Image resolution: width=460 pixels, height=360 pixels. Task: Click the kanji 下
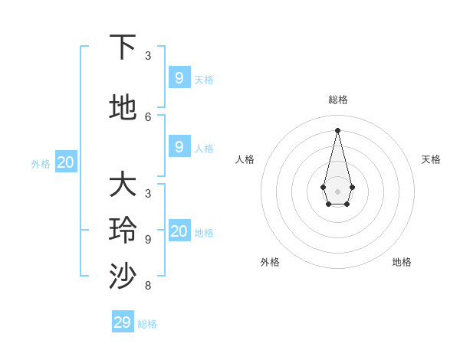pyautogui.click(x=123, y=47)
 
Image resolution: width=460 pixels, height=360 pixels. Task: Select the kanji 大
pyautogui.click(x=123, y=185)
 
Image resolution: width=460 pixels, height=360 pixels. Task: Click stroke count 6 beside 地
pyautogui.click(x=148, y=117)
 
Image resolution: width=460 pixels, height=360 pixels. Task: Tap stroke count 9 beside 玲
pyautogui.click(x=148, y=240)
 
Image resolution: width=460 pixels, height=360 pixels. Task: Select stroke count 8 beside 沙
pyautogui.click(x=148, y=286)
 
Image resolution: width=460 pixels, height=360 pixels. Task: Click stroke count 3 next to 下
pyautogui.click(x=148, y=56)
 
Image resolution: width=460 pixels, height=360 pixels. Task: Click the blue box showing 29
pyautogui.click(x=123, y=322)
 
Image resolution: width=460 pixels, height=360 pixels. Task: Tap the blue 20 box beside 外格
pyautogui.click(x=66, y=162)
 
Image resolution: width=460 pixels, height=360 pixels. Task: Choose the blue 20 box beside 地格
pyautogui.click(x=179, y=231)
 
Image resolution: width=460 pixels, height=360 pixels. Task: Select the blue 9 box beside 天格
pyautogui.click(x=179, y=78)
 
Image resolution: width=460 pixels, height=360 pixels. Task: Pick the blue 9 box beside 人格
pyautogui.click(x=179, y=147)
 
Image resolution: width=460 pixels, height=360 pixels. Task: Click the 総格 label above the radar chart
pyautogui.click(x=338, y=100)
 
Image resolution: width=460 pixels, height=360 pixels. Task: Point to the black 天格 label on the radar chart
pyautogui.click(x=431, y=159)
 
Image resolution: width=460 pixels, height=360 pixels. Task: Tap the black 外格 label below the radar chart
pyautogui.click(x=270, y=262)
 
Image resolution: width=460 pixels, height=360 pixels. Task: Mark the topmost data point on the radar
pyautogui.click(x=337, y=130)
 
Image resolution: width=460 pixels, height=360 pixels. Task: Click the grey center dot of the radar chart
pyautogui.click(x=337, y=191)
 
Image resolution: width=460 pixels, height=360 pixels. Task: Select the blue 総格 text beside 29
pyautogui.click(x=147, y=324)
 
